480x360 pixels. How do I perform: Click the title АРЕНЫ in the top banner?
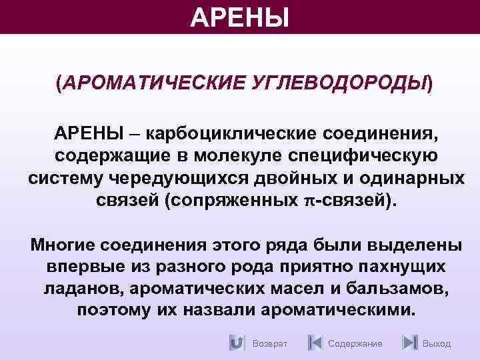click(x=240, y=17)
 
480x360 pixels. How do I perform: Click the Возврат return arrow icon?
click(x=237, y=343)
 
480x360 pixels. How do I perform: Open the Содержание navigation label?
click(x=355, y=344)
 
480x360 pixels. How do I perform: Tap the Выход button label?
click(x=437, y=344)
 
